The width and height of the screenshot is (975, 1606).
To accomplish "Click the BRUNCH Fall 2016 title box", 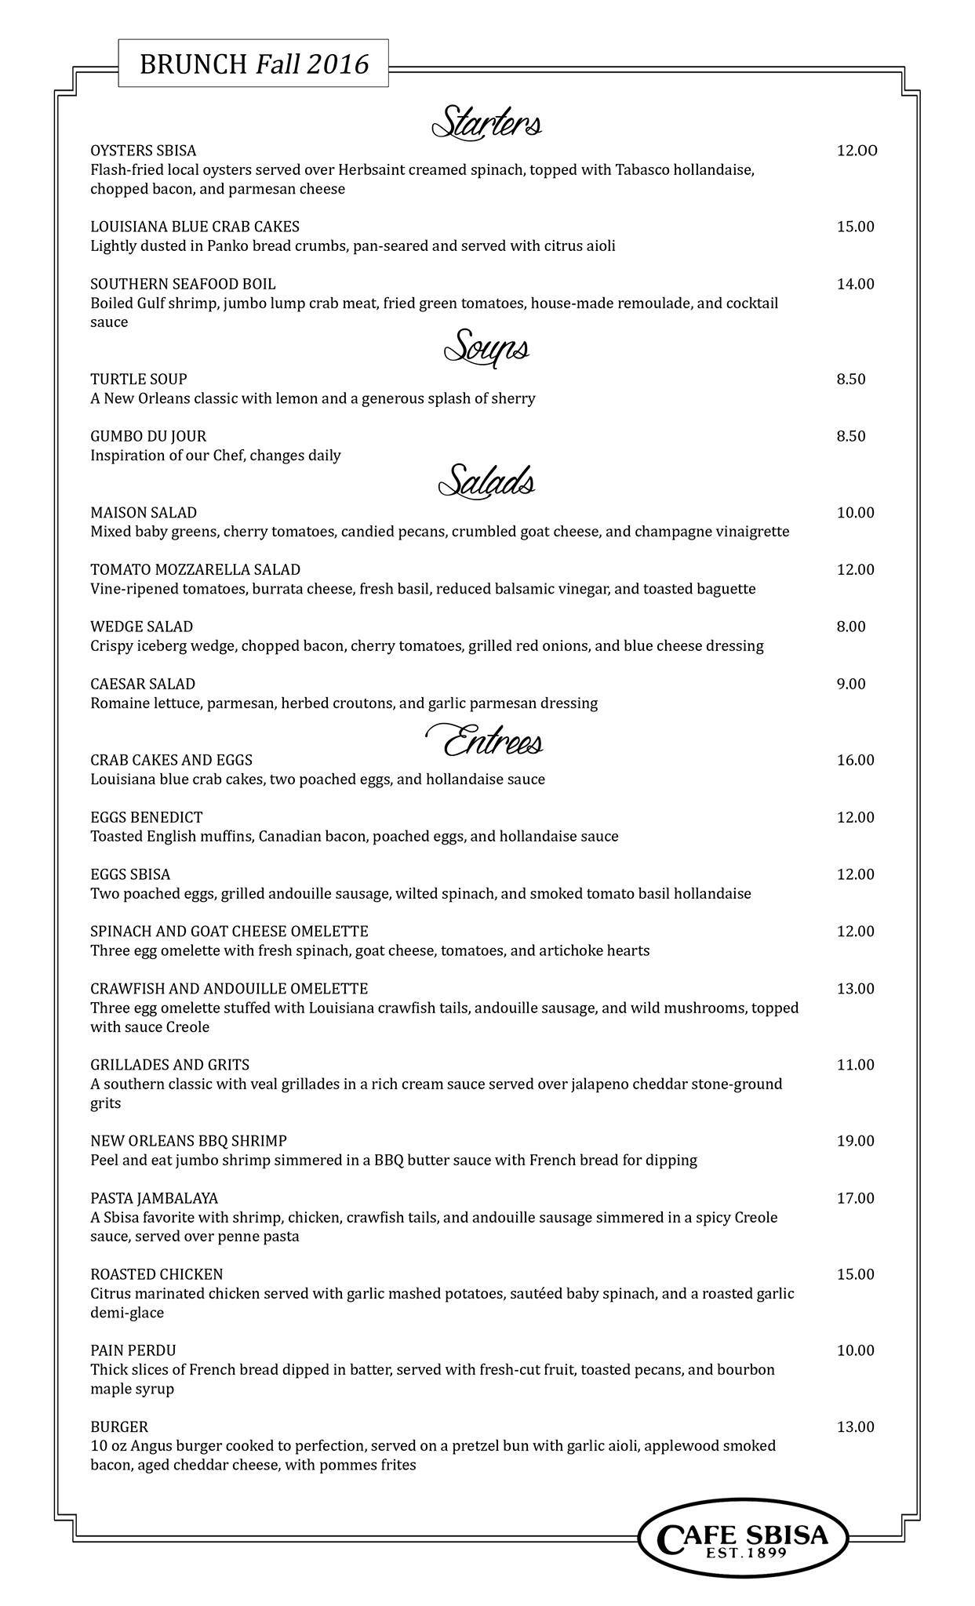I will [253, 64].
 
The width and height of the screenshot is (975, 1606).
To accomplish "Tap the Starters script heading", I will [487, 123].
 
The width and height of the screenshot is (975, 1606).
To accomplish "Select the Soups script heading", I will [487, 348].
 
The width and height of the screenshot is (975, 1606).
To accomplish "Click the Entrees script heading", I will [485, 742].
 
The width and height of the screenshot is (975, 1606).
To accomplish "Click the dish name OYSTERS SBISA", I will [144, 151].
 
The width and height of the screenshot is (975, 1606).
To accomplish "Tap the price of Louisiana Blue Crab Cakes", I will [855, 227].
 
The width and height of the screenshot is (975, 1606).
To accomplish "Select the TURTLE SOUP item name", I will [139, 380].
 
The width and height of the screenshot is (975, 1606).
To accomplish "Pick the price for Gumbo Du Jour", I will [851, 436].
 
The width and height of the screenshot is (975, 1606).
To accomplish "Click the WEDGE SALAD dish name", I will [142, 627].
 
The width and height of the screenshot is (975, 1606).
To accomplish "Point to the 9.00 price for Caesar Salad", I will [851, 684].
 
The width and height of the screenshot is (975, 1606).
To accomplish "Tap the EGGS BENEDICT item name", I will [147, 817].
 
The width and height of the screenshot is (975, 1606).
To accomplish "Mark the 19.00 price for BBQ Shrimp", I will [855, 1141].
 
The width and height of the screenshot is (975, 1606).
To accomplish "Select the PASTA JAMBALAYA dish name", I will [155, 1198].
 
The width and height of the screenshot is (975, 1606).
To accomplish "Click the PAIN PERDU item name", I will [133, 1350].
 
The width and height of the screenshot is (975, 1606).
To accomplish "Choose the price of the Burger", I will [855, 1426].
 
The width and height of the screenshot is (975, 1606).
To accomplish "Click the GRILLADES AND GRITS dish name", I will [170, 1065].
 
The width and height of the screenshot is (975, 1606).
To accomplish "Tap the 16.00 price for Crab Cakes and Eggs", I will [855, 760].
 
